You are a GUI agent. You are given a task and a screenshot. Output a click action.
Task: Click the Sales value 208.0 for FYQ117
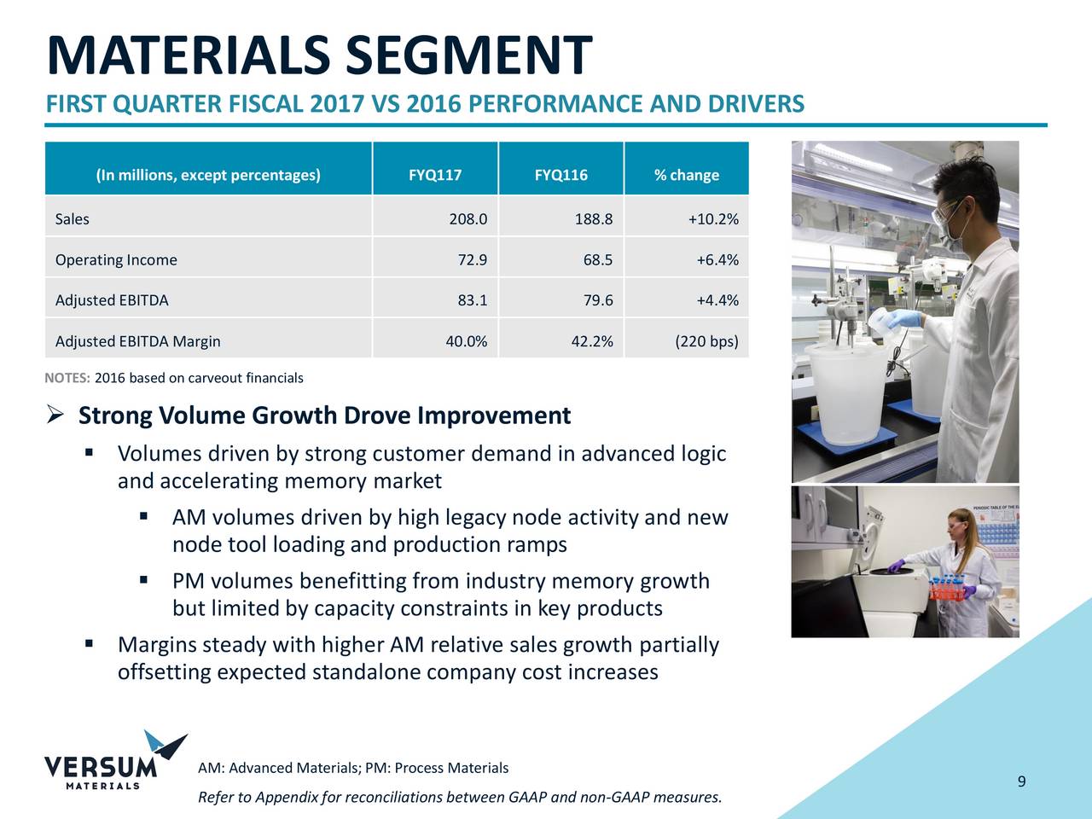[468, 219]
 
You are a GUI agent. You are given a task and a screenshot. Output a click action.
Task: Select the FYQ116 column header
[561, 175]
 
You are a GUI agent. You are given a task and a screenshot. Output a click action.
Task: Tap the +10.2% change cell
[713, 219]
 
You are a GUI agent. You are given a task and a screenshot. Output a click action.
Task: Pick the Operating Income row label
[116, 260]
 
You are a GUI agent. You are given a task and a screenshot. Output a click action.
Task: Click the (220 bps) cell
[706, 341]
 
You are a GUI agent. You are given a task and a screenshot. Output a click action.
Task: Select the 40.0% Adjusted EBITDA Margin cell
[466, 341]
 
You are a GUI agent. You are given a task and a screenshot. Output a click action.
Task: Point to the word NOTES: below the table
[67, 378]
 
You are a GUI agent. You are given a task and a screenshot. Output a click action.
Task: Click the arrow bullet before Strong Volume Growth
[55, 415]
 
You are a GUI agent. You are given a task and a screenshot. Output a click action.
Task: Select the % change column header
[686, 175]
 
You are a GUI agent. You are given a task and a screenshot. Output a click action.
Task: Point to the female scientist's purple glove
[896, 566]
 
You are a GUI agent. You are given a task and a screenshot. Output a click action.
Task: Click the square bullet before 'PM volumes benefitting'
[144, 581]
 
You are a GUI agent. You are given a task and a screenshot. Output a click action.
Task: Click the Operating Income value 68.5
[597, 260]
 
